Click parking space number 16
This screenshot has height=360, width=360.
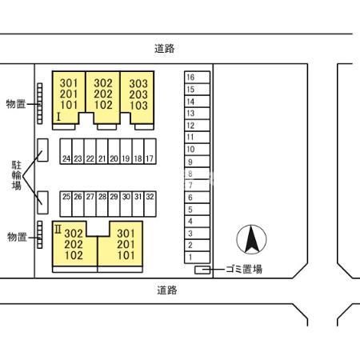point(190,78)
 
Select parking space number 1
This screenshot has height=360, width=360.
point(190,257)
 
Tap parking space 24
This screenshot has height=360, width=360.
point(66,158)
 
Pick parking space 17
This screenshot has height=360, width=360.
point(150,158)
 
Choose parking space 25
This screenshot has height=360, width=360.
point(66,196)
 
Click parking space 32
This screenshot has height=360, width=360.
point(150,196)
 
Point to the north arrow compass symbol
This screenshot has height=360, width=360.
point(251,239)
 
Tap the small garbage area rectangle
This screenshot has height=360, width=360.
point(203,270)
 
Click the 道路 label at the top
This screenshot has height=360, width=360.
point(165,49)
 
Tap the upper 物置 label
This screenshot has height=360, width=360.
point(16,104)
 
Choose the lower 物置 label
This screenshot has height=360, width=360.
point(16,237)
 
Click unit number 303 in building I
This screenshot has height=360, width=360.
point(138,83)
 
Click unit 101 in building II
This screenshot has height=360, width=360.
point(126,256)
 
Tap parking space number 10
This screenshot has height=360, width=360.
point(190,149)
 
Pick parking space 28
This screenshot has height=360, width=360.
point(102,196)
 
